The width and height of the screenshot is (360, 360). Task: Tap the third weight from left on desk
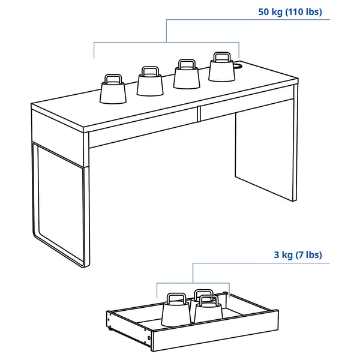(187, 76)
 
